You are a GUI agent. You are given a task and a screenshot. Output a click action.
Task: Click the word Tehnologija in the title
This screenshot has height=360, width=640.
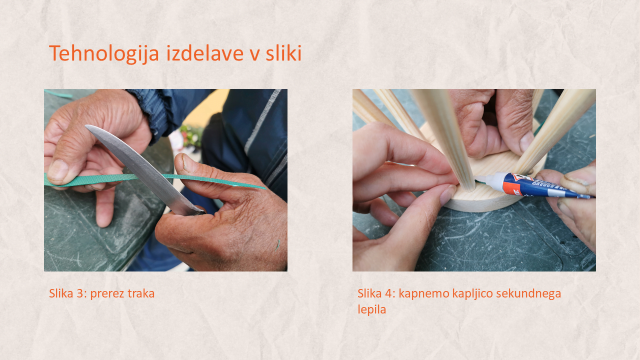tap(104, 53)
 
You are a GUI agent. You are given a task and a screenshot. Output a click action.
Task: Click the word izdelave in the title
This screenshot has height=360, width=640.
tap(204, 53)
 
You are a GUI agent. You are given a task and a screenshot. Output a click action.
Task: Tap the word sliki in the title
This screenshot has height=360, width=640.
tap(283, 53)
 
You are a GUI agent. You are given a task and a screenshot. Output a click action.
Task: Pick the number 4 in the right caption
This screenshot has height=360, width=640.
tap(388, 293)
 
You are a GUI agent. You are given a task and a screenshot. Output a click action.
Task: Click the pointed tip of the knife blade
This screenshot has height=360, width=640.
tap(86, 126)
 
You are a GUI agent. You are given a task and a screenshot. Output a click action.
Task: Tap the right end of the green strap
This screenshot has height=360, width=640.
tap(264, 188)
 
